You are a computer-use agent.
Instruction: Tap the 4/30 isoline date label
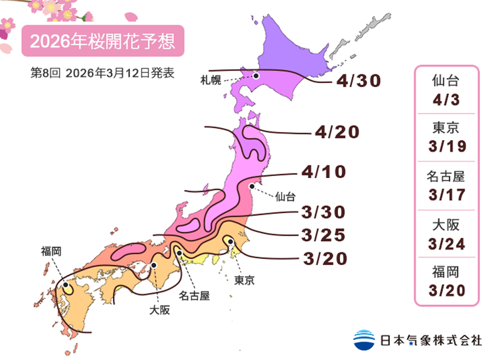point(359,81)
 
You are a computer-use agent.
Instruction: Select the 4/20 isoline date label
point(337,133)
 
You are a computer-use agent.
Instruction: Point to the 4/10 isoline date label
point(323,173)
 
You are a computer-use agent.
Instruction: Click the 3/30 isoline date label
point(323,213)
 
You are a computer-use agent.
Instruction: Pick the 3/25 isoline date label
point(323,235)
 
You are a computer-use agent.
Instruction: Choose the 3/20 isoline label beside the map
point(323,258)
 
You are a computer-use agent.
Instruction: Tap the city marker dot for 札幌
point(255,76)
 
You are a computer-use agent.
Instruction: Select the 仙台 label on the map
point(284,197)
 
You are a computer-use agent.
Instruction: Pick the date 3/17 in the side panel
point(446,195)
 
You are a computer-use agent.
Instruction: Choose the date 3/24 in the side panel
point(446,243)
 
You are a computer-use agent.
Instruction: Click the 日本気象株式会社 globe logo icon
point(364,339)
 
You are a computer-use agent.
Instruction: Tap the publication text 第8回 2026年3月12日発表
point(103,73)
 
